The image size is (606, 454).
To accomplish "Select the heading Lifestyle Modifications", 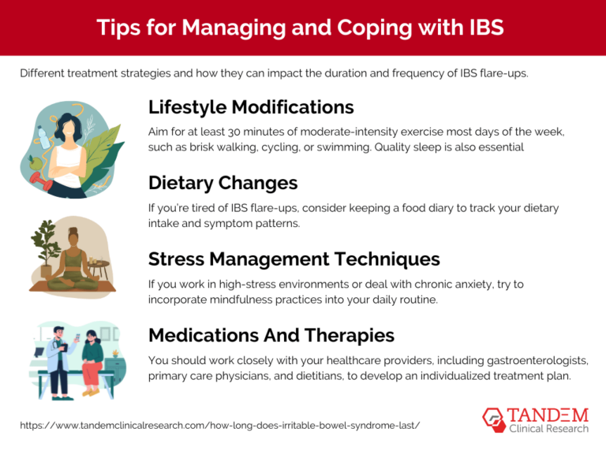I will [x=251, y=106].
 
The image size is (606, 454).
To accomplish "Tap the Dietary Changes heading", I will [x=223, y=183].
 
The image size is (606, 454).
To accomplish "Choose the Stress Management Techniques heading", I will [x=294, y=259].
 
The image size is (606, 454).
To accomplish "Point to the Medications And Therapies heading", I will [x=271, y=335].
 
